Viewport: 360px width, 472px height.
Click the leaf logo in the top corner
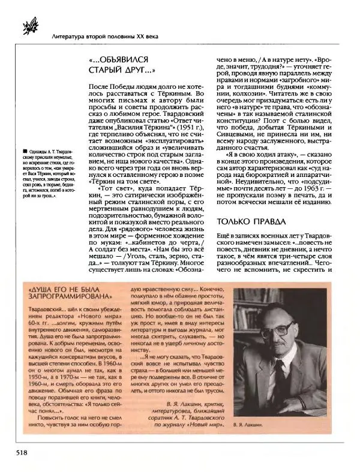[28, 20]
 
